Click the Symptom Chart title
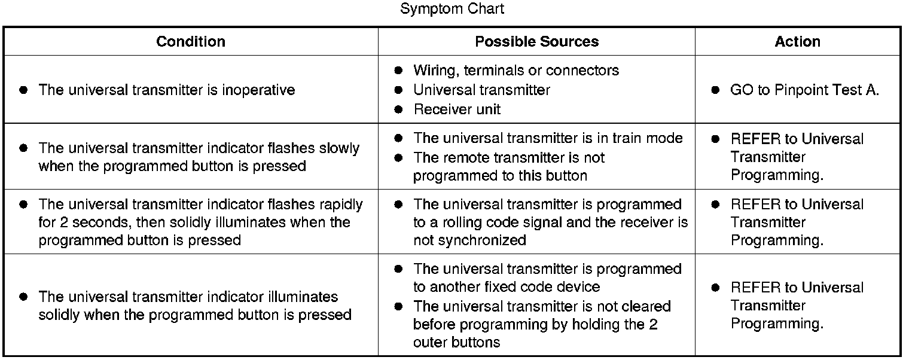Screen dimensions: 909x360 point(452,9)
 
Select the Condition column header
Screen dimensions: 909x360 point(191,41)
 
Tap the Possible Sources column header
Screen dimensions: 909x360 point(536,41)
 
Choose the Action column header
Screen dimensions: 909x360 point(797,41)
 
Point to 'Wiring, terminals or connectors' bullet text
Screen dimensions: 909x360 point(515,71)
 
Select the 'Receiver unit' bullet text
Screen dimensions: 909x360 point(457,109)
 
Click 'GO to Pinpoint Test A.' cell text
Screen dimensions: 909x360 point(804,90)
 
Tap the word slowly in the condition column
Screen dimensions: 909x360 point(339,148)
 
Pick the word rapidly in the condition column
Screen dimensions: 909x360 point(341,205)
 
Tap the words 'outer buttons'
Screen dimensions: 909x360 point(456,343)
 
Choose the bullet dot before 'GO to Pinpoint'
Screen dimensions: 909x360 point(715,90)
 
